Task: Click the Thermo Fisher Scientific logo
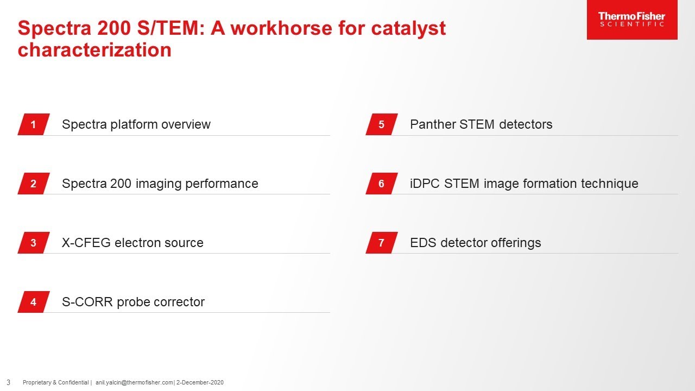pyautogui.click(x=631, y=20)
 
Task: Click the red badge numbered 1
pyautogui.click(x=34, y=124)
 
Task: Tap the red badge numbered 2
pyautogui.click(x=34, y=184)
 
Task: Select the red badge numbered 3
pyautogui.click(x=34, y=243)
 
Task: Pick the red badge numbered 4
pyautogui.click(x=34, y=302)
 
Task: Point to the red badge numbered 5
pyautogui.click(x=382, y=124)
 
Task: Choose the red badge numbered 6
pyautogui.click(x=382, y=184)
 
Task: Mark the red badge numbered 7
pyautogui.click(x=382, y=243)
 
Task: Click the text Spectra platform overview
pyautogui.click(x=136, y=124)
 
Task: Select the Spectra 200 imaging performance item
pyautogui.click(x=160, y=184)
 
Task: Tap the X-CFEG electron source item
pyautogui.click(x=132, y=243)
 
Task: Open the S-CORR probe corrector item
pyautogui.click(x=133, y=302)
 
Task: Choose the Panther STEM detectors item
pyautogui.click(x=481, y=124)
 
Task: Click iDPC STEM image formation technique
pyautogui.click(x=524, y=184)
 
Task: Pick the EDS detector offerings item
pyautogui.click(x=475, y=243)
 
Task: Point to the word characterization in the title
pyautogui.click(x=94, y=50)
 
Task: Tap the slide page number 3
pyautogui.click(x=8, y=382)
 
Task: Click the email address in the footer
pyautogui.click(x=134, y=383)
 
